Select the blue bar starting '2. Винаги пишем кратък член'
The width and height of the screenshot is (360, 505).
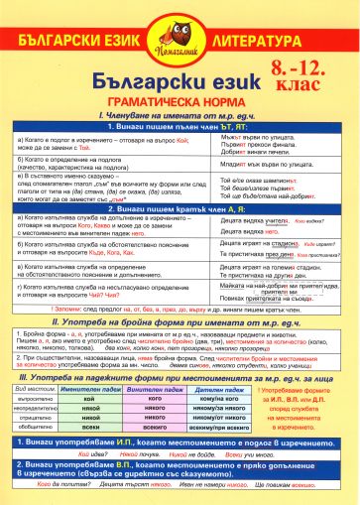pos(179,211)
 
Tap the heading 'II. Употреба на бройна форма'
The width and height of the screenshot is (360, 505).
pos(179,322)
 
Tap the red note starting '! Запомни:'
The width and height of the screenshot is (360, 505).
pos(179,312)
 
